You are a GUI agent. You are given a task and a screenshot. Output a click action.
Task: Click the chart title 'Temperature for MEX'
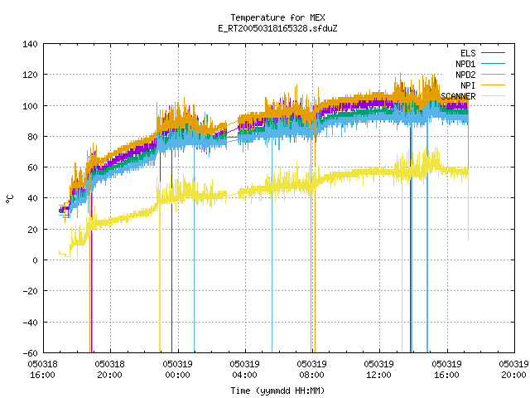tap(277, 17)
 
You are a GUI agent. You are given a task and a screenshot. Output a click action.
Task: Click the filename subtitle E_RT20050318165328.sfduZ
tap(277, 28)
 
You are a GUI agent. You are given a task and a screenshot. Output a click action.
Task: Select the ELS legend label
tap(468, 53)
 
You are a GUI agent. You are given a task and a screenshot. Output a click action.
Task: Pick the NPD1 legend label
tap(465, 64)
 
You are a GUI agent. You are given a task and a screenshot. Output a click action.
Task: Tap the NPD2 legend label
tap(465, 75)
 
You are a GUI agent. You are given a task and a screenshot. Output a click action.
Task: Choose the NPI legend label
tap(468, 85)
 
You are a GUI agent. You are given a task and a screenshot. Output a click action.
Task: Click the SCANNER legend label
tap(458, 96)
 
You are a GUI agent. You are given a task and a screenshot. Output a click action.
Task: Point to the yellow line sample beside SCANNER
tap(493, 96)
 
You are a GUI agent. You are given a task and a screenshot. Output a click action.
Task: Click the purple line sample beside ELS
tap(493, 53)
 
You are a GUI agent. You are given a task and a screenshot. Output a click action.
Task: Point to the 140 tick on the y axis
tap(30, 44)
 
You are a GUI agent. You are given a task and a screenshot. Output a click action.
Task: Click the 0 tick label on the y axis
tap(35, 260)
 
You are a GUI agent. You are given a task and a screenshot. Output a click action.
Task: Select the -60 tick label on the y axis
tap(30, 353)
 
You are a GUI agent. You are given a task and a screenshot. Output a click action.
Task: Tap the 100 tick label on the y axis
tap(30, 106)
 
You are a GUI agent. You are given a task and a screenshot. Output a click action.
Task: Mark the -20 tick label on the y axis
tap(30, 291)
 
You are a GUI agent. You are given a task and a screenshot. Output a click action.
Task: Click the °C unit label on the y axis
tap(9, 199)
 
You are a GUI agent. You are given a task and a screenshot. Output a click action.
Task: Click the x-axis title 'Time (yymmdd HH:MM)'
tap(277, 391)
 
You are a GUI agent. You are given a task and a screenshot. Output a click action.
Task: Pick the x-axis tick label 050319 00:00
tap(177, 370)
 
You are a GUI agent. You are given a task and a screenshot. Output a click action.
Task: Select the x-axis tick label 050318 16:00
tap(42, 370)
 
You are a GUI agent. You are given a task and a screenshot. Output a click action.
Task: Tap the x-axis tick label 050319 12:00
tap(379, 370)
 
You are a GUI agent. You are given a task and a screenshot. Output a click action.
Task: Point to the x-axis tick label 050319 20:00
tap(513, 370)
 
